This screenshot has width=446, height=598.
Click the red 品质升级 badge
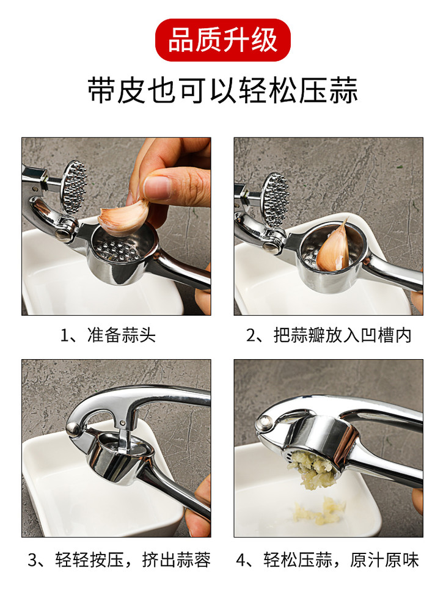223,40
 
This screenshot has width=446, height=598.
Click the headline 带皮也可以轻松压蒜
223,90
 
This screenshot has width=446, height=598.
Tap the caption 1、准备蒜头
108,335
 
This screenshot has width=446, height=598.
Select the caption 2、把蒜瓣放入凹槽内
329,335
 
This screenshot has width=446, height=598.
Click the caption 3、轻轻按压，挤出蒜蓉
119,560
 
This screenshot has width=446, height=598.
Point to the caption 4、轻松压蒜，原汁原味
327,560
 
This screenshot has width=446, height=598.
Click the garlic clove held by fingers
123,217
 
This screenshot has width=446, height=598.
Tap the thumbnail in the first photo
157,188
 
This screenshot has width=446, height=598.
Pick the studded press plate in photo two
276,200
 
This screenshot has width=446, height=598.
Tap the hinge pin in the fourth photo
263,422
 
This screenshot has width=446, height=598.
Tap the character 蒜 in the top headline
343,90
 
